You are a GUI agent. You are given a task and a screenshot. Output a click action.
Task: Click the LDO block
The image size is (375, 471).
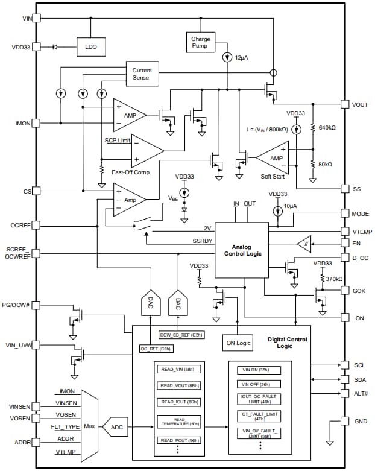[x=90, y=46]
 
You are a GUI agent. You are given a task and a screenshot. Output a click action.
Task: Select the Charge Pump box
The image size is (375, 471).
[x=200, y=42]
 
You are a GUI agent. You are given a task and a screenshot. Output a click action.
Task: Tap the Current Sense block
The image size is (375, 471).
[x=142, y=75]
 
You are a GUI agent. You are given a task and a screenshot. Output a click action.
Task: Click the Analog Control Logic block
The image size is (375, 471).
[x=242, y=250]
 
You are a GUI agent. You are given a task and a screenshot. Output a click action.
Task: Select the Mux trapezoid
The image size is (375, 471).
[x=89, y=426]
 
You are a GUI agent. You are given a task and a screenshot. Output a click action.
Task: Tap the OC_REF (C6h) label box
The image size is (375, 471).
[x=156, y=349]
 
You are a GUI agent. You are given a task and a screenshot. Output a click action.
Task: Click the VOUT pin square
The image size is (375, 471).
[x=345, y=105]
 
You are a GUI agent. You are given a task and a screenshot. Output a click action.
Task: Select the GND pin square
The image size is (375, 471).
[x=345, y=421]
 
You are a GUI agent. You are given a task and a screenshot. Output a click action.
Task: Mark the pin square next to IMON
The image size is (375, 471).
[x=36, y=123]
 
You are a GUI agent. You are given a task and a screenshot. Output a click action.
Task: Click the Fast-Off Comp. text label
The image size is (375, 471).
[x=131, y=172]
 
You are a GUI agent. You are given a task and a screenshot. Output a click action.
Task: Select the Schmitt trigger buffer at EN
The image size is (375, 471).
[x=304, y=244]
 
